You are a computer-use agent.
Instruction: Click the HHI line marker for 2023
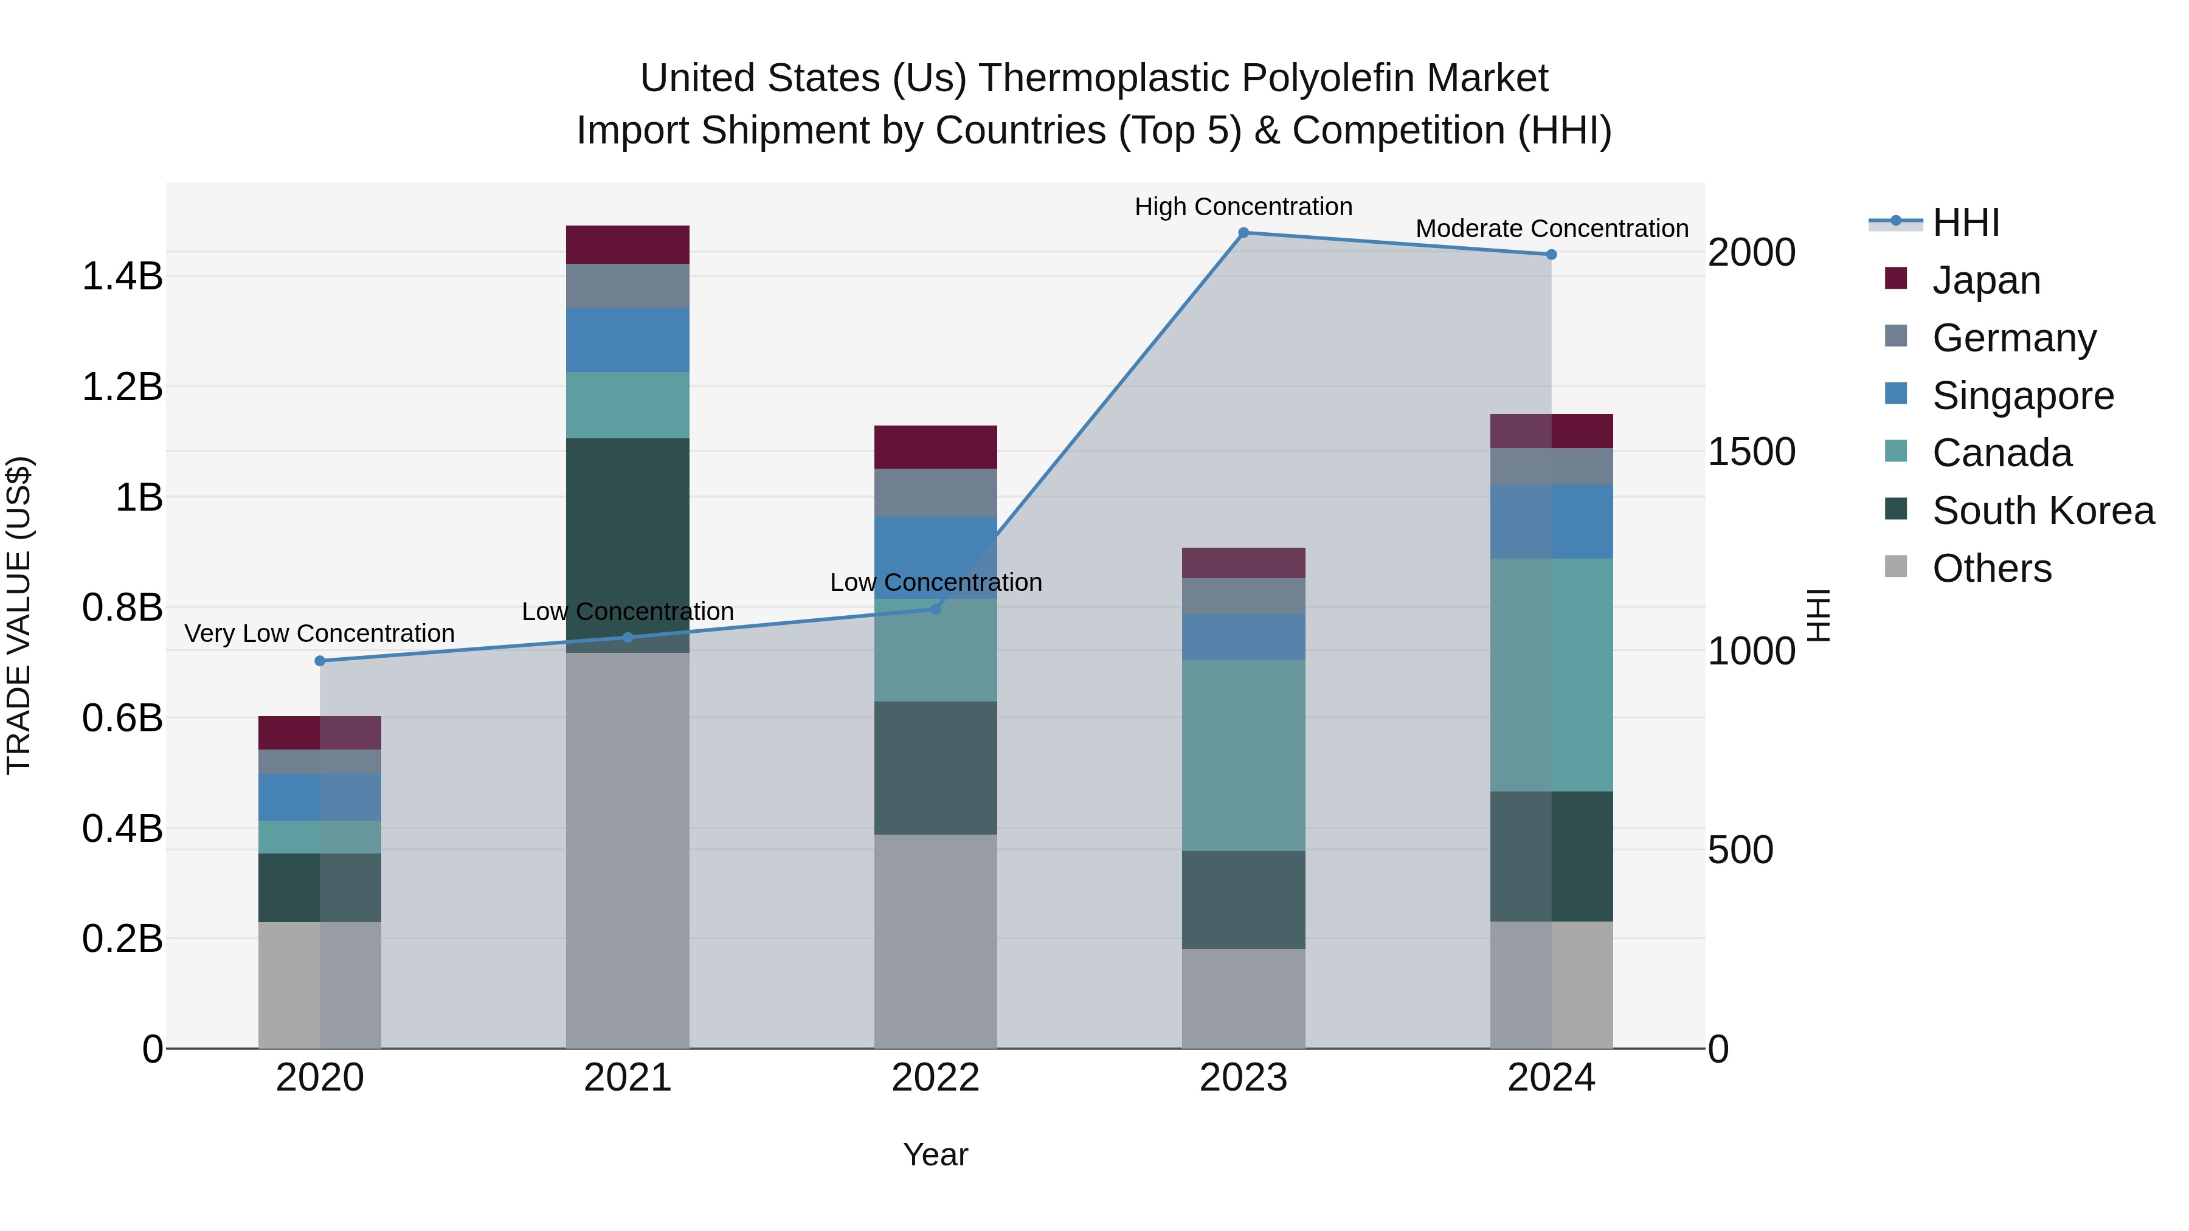(x=1243, y=233)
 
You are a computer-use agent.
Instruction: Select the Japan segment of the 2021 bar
(x=627, y=244)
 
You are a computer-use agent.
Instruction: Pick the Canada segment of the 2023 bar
(x=1243, y=754)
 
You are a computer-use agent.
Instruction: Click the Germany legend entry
(x=2013, y=338)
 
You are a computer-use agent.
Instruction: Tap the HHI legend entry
(x=1965, y=222)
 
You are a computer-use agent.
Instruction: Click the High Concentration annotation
(x=1243, y=207)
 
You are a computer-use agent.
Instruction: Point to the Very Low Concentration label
(x=319, y=634)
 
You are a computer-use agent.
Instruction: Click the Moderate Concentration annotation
(x=1552, y=229)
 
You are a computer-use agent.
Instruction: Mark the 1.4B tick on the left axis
(x=122, y=276)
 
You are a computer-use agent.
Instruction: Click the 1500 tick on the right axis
(x=1751, y=452)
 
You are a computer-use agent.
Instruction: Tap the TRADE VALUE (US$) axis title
(x=19, y=615)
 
